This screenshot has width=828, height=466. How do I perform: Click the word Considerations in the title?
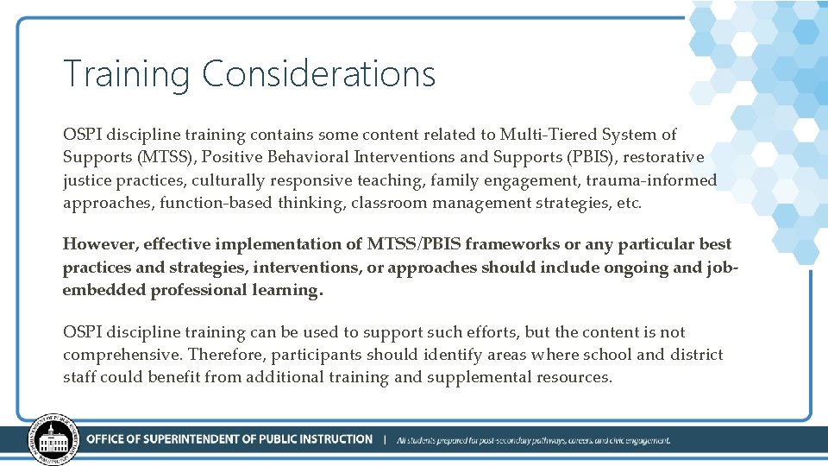coord(318,74)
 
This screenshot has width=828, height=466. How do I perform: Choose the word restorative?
coord(664,157)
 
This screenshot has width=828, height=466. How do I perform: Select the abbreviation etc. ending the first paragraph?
coord(629,203)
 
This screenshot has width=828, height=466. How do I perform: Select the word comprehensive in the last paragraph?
coord(121,355)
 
